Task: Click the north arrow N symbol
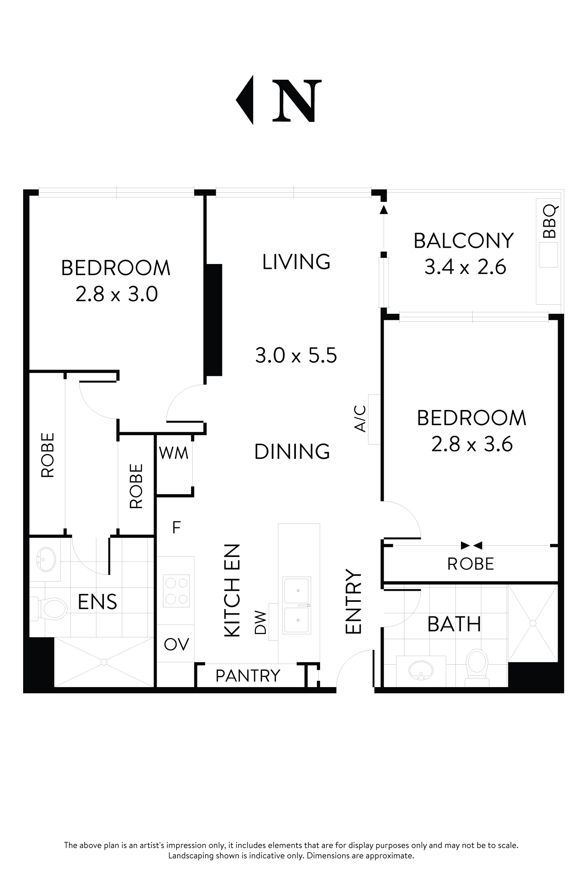coord(297,100)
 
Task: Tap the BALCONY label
coord(463,241)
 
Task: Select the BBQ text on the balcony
coord(550,222)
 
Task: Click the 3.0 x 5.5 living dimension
coord(296,355)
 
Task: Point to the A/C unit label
coord(360,419)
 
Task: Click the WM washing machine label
coord(173,453)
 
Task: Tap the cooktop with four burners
coord(177,591)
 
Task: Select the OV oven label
coord(176,644)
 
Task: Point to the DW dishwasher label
coord(260,623)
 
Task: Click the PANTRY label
coord(248,675)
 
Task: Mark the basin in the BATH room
coord(421,670)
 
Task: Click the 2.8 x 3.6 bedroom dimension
coord(472,444)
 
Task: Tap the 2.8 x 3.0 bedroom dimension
coord(116,294)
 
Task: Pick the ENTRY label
coord(353,603)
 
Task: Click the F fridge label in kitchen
coord(176,528)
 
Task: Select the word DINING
coord(292,452)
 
